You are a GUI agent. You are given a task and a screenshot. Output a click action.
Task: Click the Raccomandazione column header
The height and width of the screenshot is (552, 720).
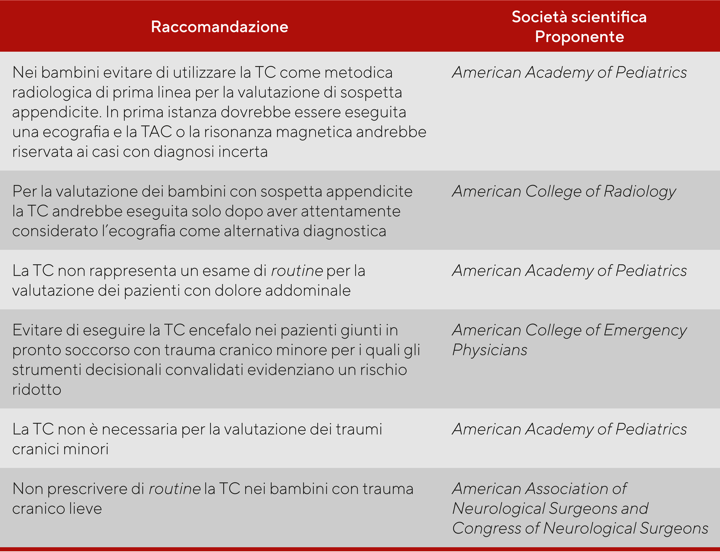coord(219,27)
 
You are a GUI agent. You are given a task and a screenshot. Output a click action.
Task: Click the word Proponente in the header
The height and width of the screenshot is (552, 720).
coord(579,37)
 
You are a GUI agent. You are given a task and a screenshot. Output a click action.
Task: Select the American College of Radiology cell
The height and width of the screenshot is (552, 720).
coord(564,191)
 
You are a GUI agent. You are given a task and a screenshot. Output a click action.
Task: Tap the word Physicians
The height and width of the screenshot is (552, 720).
coord(490,350)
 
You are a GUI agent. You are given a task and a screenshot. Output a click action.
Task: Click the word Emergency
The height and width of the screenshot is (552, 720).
coord(645,331)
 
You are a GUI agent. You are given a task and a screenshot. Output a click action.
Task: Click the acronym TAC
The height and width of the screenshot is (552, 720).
coord(156,132)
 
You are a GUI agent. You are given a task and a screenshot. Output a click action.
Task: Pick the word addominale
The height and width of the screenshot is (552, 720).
coord(308,290)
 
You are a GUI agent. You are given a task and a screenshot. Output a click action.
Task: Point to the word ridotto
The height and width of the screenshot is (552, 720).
coord(37,390)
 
